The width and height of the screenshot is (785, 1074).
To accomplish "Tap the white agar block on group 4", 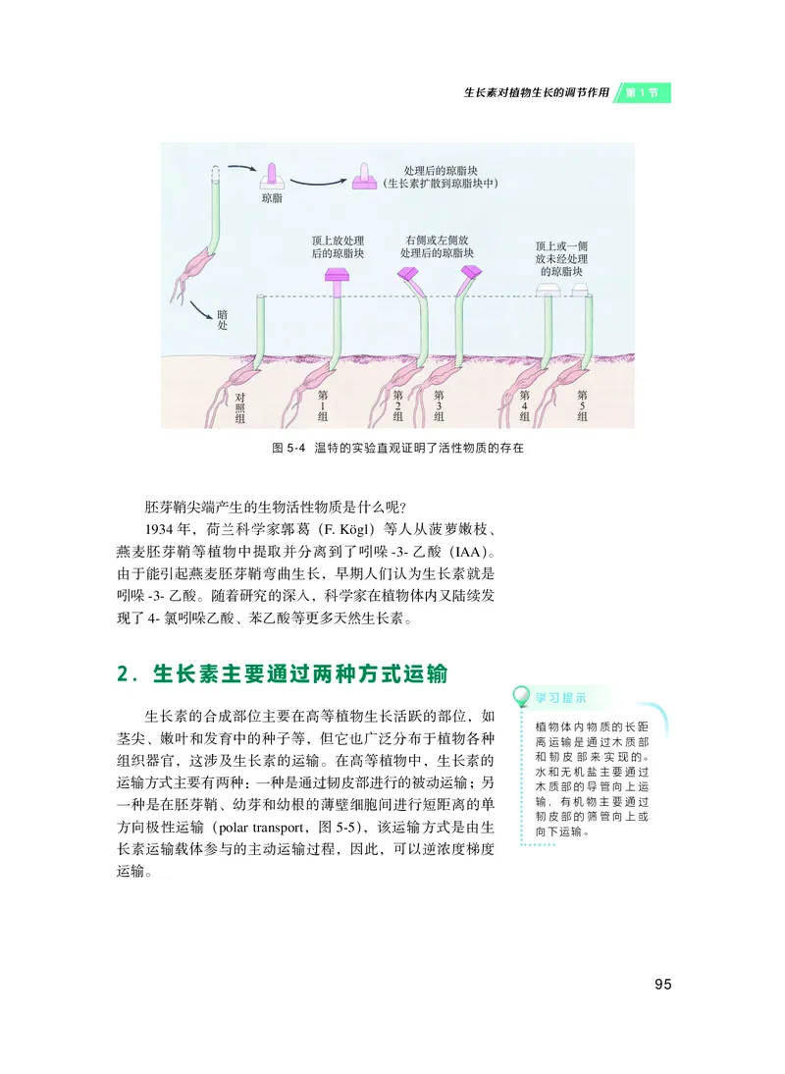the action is click(548, 289).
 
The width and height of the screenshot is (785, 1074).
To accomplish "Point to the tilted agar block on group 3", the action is click(469, 275).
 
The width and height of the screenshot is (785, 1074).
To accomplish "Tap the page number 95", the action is click(662, 984).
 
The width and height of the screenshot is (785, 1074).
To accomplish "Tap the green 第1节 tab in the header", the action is click(648, 93).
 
